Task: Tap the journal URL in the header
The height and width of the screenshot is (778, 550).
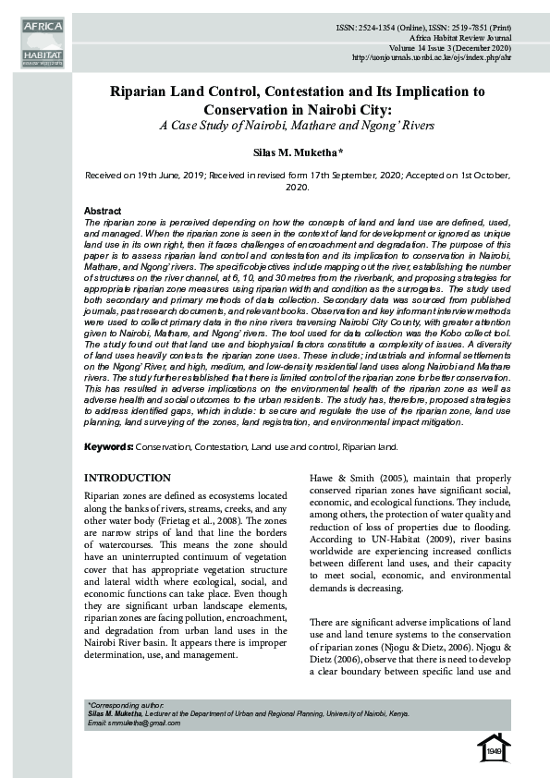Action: pyautogui.click(x=433, y=58)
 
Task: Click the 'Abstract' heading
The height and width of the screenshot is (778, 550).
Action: pyautogui.click(x=103, y=212)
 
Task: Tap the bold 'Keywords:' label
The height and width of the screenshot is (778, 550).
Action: pyautogui.click(x=108, y=447)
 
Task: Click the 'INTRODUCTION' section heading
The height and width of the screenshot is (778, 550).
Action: pyautogui.click(x=128, y=478)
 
